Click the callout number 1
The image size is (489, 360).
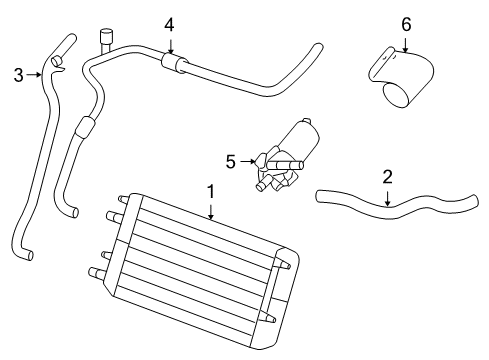point(211,190)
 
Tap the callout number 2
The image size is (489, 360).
point(387,177)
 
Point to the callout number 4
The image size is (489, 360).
point(169,24)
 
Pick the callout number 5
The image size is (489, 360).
point(230,160)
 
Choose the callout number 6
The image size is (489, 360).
point(405,23)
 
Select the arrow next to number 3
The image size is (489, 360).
point(35,73)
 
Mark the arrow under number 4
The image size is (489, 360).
point(169,44)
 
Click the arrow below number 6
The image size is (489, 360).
point(405,43)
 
